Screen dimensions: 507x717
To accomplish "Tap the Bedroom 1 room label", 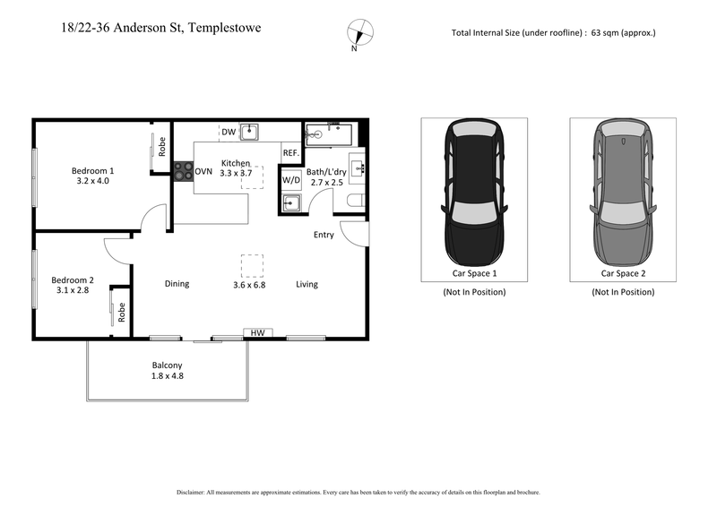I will pyautogui.click(x=93, y=170).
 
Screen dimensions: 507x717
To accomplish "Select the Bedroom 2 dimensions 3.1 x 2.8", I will pyautogui.click(x=72, y=290).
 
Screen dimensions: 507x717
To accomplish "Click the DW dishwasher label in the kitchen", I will pyautogui.click(x=229, y=133).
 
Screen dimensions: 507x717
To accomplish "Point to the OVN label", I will pyautogui.click(x=203, y=172).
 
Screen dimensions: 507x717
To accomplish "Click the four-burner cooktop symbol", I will pyautogui.click(x=183, y=171).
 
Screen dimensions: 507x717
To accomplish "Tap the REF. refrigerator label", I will pyautogui.click(x=290, y=153).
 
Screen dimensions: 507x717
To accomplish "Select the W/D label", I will pyautogui.click(x=291, y=180).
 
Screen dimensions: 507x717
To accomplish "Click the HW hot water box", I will pyautogui.click(x=257, y=333).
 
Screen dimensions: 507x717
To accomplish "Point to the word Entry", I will pyautogui.click(x=324, y=236).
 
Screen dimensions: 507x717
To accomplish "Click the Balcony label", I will pyautogui.click(x=167, y=365).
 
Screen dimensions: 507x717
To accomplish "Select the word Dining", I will pyautogui.click(x=177, y=284).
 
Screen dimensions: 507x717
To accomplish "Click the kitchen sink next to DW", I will pyautogui.click(x=251, y=133).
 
